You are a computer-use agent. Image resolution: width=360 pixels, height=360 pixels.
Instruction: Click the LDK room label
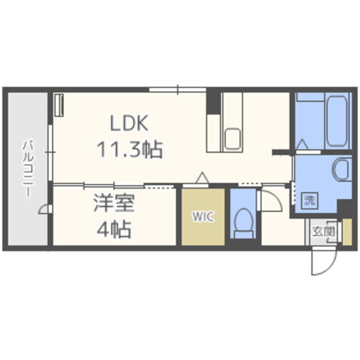(129, 123)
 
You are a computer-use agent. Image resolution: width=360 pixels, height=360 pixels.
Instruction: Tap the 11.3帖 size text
(130, 150)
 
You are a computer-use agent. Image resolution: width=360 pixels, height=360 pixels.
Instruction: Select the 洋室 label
(114, 203)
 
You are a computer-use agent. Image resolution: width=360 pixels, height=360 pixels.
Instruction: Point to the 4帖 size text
(114, 229)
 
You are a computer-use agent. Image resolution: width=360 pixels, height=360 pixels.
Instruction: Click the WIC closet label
(203, 216)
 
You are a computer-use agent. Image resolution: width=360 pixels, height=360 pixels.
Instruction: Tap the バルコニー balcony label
(28, 169)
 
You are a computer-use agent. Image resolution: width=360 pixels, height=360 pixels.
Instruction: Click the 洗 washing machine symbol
(310, 201)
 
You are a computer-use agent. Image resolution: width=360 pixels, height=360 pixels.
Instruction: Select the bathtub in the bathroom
(337, 121)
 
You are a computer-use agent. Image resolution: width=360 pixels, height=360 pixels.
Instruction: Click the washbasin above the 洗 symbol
(342, 169)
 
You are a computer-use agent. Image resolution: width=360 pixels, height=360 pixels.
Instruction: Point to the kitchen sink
(232, 139)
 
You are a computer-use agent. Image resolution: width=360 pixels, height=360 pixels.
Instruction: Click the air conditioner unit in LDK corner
(59, 105)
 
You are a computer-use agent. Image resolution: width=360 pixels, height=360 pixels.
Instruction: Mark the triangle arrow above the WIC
(202, 178)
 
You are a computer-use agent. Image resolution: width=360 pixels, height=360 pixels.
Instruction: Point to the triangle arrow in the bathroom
(302, 145)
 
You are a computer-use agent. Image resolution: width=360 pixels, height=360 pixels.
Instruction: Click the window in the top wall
(178, 89)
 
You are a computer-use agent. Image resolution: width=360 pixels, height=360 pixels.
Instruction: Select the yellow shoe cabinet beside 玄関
(347, 232)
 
